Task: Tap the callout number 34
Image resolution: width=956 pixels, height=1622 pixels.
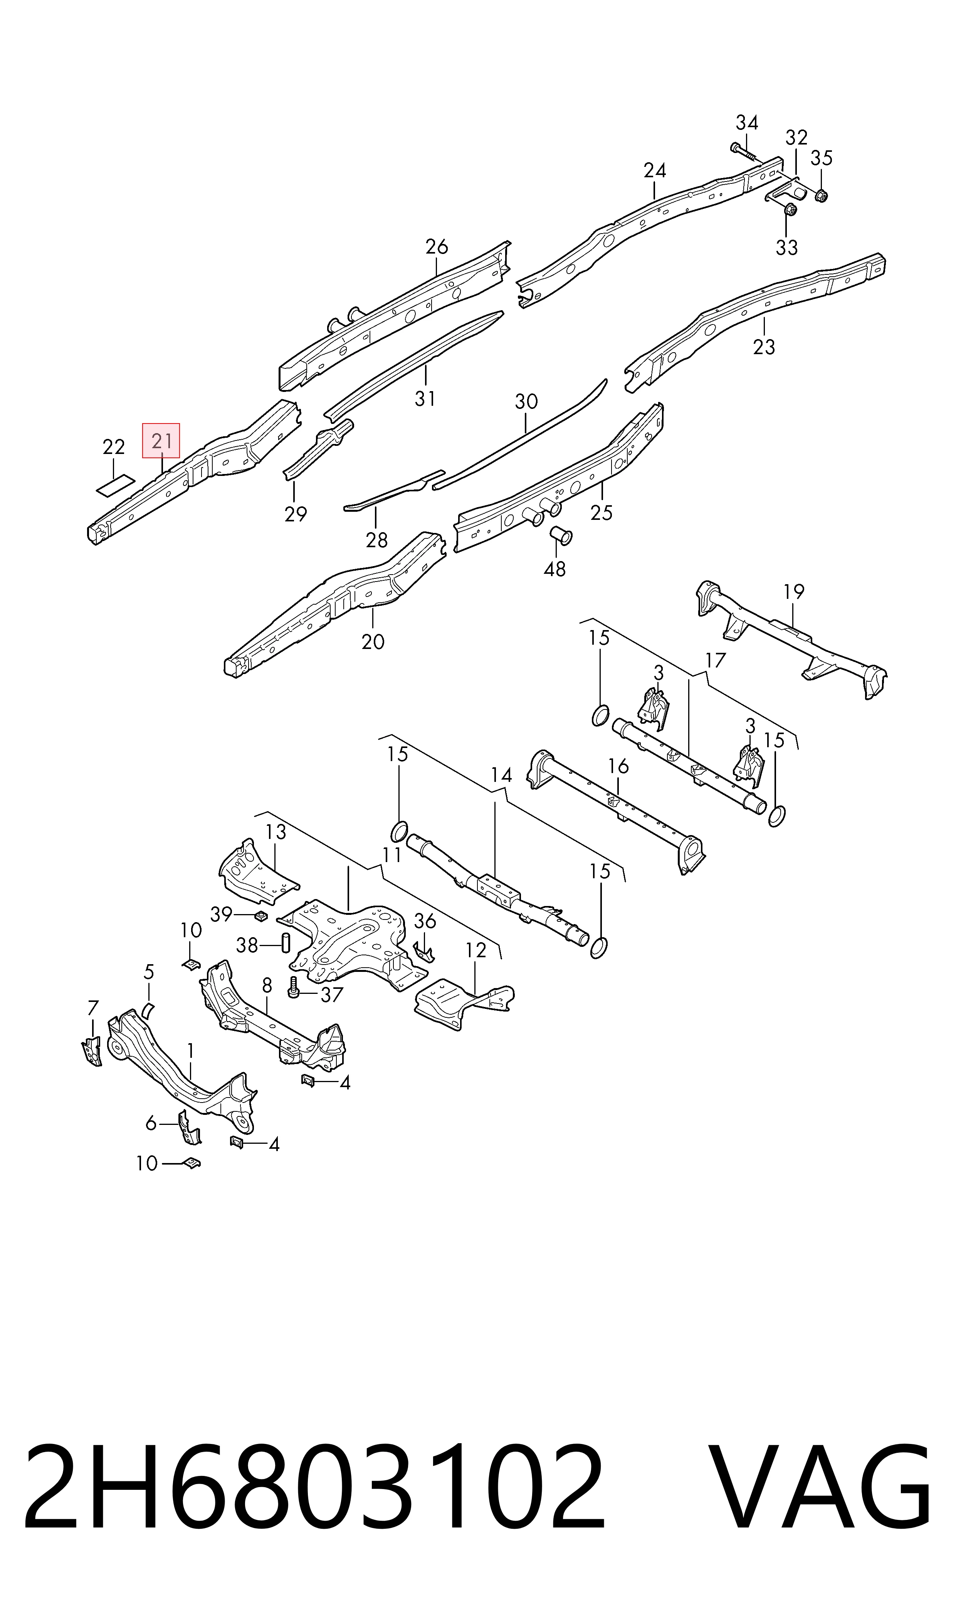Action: [747, 123]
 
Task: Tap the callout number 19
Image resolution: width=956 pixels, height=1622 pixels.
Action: [794, 591]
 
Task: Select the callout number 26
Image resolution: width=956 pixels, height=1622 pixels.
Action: [437, 247]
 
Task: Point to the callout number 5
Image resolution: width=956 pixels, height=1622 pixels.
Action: [149, 972]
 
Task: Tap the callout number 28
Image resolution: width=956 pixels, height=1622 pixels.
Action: [377, 540]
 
